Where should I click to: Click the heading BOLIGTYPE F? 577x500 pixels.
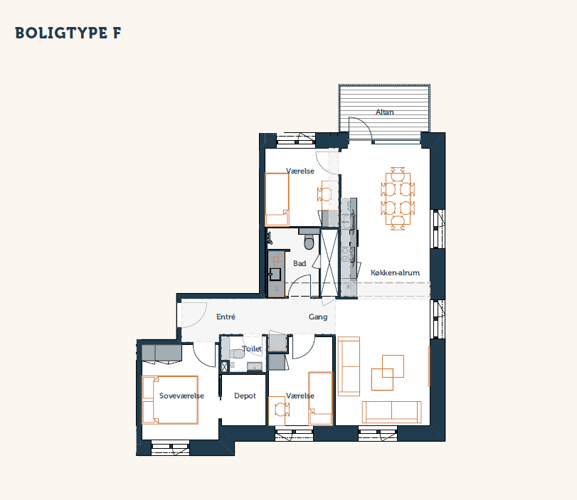tap(68, 33)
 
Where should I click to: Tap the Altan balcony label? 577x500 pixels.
tap(384, 112)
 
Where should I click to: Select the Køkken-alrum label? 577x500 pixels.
tap(395, 272)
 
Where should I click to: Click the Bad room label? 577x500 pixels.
tap(300, 263)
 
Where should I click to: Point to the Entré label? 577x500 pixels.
tap(226, 317)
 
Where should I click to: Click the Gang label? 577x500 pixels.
tap(318, 317)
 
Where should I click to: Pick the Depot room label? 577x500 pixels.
tap(245, 396)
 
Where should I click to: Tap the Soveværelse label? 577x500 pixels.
tap(181, 396)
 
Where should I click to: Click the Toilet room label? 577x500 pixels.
tap(252, 349)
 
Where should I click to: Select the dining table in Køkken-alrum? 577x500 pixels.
tap(398, 198)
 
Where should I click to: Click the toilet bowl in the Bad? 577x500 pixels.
tap(309, 242)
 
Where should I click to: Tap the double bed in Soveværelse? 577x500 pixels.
tap(170, 400)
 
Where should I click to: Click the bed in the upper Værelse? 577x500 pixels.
tap(277, 199)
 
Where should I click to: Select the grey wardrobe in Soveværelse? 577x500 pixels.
tap(162, 353)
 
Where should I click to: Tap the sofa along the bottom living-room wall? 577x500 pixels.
tap(391, 412)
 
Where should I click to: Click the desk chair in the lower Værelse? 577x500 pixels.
tap(282, 410)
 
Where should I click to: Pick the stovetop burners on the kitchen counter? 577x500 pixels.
tap(349, 254)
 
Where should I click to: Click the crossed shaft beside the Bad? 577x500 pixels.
tap(329, 262)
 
